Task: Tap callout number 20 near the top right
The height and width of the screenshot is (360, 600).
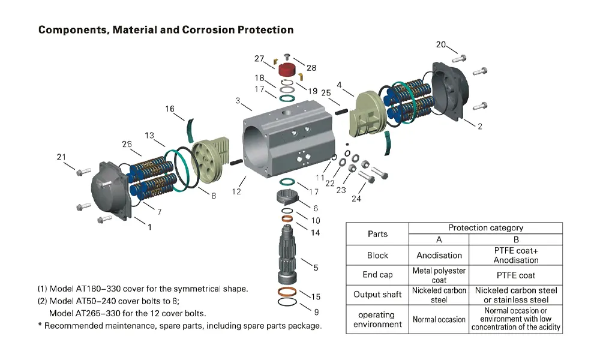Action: point(441,45)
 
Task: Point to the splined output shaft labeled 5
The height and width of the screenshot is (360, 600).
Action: point(292,255)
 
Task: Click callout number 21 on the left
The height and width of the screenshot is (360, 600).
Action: point(61,157)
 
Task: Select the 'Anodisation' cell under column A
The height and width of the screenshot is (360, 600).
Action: point(439,255)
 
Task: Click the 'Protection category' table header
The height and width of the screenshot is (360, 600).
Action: point(485,228)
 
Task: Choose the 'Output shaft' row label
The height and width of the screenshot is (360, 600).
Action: point(377,295)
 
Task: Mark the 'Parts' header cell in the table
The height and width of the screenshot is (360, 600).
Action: point(377,234)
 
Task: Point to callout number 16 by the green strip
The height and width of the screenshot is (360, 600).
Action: point(170,109)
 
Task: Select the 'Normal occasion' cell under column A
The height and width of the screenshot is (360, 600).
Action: point(439,319)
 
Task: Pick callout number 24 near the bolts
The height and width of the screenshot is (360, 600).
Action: point(356,199)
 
